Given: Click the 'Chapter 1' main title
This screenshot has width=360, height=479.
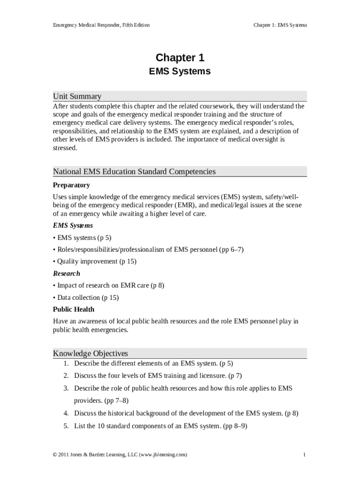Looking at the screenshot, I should (180, 58).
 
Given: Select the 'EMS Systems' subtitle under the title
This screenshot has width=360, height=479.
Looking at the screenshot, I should (180, 72).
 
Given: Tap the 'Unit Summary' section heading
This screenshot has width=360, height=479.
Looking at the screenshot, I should (77, 96).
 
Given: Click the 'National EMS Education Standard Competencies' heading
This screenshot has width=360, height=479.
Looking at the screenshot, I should (134, 172).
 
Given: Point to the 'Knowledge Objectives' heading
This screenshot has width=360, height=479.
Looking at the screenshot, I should (90, 353).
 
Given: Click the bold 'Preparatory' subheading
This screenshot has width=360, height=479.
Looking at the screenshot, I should (71, 185).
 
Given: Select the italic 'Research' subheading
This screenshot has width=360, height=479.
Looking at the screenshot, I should (66, 273).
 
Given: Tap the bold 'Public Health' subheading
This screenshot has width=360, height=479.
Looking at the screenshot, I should (73, 309).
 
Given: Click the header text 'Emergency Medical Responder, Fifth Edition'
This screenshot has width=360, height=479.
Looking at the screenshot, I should (101, 25).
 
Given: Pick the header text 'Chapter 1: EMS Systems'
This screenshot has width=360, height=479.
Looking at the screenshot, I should (280, 25).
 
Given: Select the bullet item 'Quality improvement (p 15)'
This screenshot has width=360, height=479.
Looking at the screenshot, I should (96, 261).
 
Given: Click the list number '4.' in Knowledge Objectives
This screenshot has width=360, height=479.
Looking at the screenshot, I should (66, 414).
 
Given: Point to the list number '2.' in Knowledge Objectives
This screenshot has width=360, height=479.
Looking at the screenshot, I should (66, 376).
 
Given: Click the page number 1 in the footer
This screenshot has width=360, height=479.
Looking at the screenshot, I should (304, 455).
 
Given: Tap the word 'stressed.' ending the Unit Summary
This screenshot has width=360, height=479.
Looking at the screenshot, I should (65, 148).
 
